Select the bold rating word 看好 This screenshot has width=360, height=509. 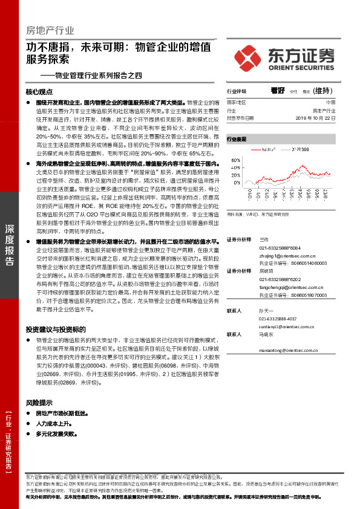click(278, 91)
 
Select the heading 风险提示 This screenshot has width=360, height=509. click(39, 402)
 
